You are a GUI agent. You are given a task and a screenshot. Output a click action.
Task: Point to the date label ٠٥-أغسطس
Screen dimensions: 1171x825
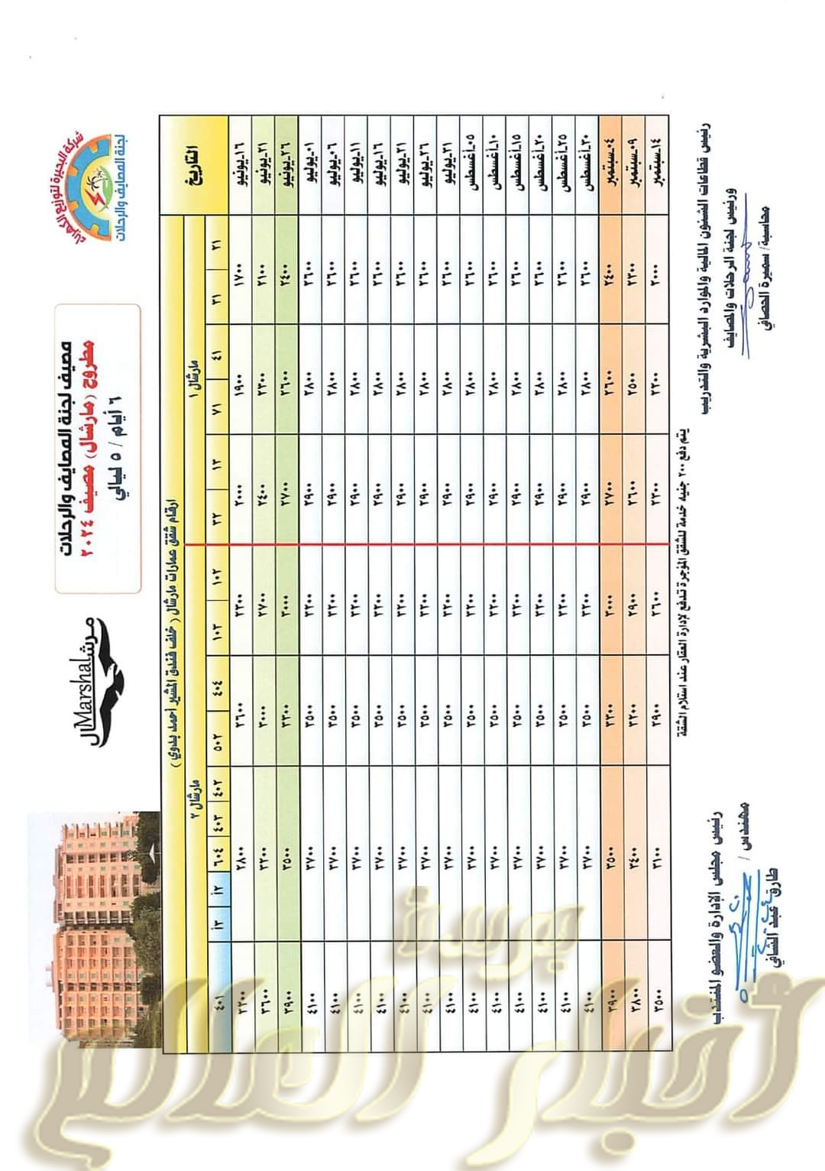[x=471, y=162]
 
